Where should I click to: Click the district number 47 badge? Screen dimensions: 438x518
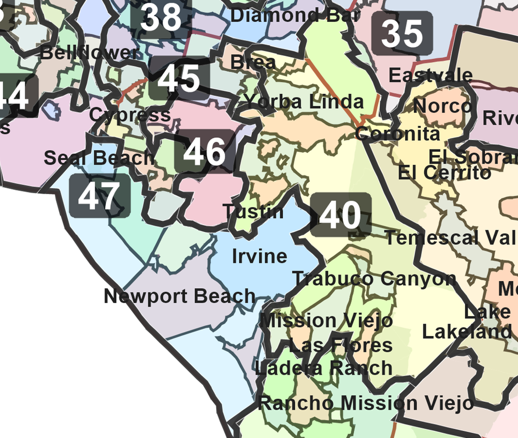point(99,196)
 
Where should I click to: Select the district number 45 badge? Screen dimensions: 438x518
point(179,79)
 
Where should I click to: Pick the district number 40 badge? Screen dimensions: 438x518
point(340,215)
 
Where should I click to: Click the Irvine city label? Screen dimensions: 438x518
point(260,256)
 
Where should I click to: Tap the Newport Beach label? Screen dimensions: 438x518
point(179,296)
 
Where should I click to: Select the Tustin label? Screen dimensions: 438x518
point(253,211)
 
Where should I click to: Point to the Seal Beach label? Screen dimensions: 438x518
point(99,157)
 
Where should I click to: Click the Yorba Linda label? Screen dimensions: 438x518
point(304,101)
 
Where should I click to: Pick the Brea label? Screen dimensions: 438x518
point(253,62)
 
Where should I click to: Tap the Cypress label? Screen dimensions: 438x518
point(130,114)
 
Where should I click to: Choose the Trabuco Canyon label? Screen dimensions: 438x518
point(374,279)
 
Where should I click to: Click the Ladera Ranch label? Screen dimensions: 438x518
point(324,368)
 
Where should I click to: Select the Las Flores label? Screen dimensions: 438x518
point(340,345)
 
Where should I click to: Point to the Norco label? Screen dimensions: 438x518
point(443,106)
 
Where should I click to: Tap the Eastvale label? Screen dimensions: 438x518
point(430,76)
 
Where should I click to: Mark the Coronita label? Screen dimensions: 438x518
point(397,134)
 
